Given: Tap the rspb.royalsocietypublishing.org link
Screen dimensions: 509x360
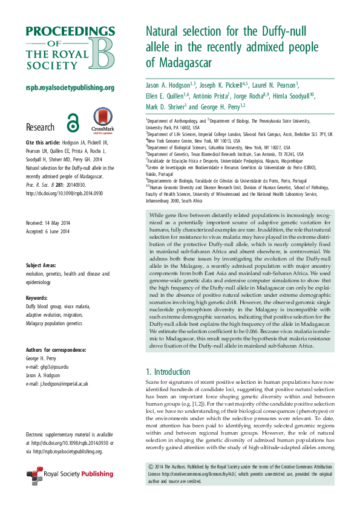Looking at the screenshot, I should click(x=70, y=88).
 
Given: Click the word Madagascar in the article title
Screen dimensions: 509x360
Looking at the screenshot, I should click(x=182, y=62).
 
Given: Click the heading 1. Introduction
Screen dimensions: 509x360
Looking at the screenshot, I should click(x=168, y=371).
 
